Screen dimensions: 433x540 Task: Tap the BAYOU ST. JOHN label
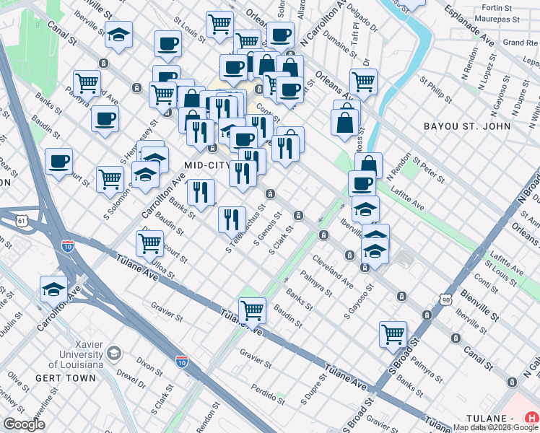tap(467, 126)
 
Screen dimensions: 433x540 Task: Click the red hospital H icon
tap(531, 417)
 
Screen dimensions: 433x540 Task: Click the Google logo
tap(24, 424)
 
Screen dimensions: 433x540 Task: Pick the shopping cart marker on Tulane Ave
tap(252, 310)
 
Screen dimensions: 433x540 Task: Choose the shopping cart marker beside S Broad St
tap(392, 333)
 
